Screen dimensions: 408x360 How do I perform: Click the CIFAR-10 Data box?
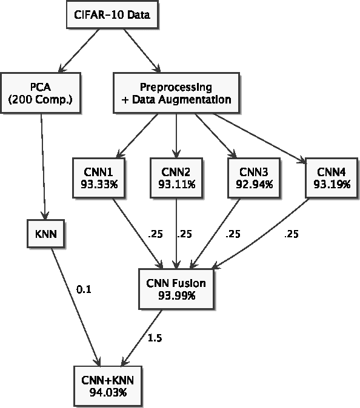(x=112, y=15)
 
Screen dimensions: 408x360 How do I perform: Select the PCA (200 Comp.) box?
(x=41, y=92)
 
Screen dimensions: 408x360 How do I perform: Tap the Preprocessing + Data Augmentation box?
(x=176, y=92)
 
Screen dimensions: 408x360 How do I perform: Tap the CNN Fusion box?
(x=176, y=289)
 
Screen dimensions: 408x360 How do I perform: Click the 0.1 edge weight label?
(x=84, y=289)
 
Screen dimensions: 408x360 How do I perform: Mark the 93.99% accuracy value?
(x=176, y=295)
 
